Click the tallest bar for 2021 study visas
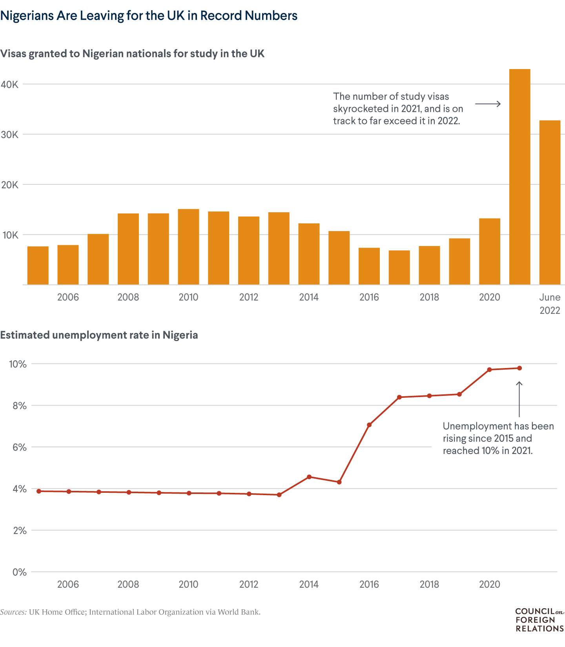click(519, 177)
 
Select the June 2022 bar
click(550, 202)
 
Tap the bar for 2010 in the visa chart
click(188, 247)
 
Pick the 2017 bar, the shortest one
click(399, 267)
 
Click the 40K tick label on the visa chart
click(10, 84)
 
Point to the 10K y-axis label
click(10, 235)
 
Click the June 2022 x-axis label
click(550, 304)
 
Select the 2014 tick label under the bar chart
click(309, 297)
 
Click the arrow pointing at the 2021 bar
click(488, 104)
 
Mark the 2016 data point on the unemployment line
click(369, 425)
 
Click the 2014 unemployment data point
click(309, 477)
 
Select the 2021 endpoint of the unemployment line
click(519, 368)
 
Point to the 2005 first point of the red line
click(38, 491)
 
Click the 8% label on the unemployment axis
click(19, 406)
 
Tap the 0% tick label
click(19, 572)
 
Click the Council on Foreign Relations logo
click(539, 620)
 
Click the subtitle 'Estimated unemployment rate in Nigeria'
click(99, 335)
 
